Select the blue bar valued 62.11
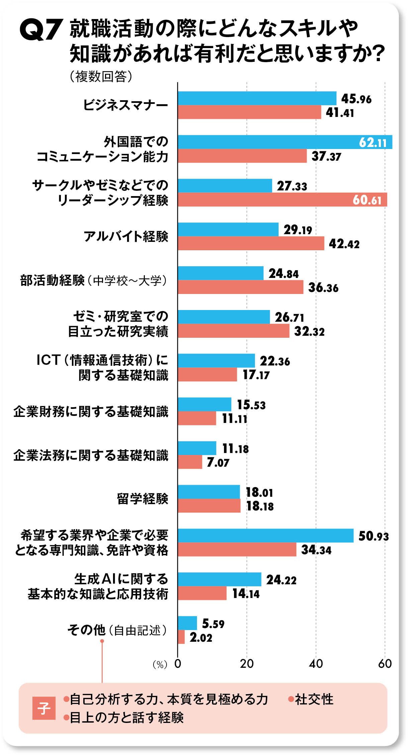(x=284, y=142)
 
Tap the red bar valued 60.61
(x=282, y=200)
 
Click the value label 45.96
(x=356, y=99)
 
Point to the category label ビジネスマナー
(x=125, y=105)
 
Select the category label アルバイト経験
(x=126, y=237)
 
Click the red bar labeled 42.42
(x=251, y=243)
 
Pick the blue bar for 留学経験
(x=209, y=492)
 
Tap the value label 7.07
(x=218, y=463)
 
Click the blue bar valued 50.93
(x=266, y=536)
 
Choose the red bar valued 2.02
(x=181, y=637)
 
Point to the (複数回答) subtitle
(x=101, y=77)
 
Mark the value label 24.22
(x=281, y=580)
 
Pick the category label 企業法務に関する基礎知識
(x=91, y=455)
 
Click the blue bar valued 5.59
(x=187, y=623)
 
